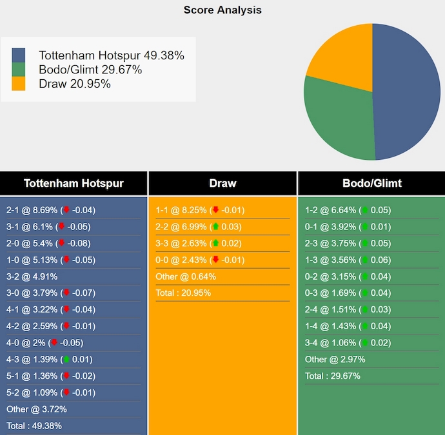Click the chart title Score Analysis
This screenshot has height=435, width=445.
click(222, 10)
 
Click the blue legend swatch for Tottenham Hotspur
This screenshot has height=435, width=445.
click(19, 55)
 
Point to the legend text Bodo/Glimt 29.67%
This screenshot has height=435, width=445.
click(90, 70)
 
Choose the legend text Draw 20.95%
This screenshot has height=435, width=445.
click(74, 84)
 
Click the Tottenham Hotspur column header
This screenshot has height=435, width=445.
click(74, 183)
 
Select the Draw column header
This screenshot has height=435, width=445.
click(222, 183)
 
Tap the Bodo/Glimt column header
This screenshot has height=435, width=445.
click(371, 183)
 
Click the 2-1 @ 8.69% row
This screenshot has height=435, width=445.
click(50, 210)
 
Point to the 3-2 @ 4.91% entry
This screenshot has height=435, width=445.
click(32, 276)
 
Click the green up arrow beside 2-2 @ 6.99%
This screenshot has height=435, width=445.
click(215, 227)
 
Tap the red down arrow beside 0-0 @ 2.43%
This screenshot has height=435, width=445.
click(215, 260)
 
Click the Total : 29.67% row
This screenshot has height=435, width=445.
click(332, 376)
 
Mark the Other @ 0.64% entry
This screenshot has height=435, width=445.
click(186, 276)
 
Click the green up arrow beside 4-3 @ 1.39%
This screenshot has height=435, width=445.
click(66, 360)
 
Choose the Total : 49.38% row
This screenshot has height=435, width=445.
click(34, 425)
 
